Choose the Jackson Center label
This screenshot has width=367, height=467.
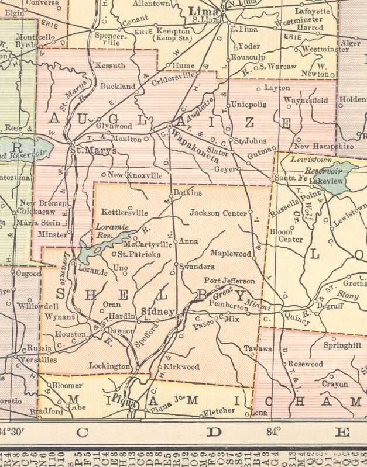218,213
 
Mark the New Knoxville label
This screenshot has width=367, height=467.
135,175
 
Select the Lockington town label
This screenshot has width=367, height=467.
109,366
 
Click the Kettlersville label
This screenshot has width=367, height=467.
125,212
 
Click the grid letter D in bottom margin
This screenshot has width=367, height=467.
215,433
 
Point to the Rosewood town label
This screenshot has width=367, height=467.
305,364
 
